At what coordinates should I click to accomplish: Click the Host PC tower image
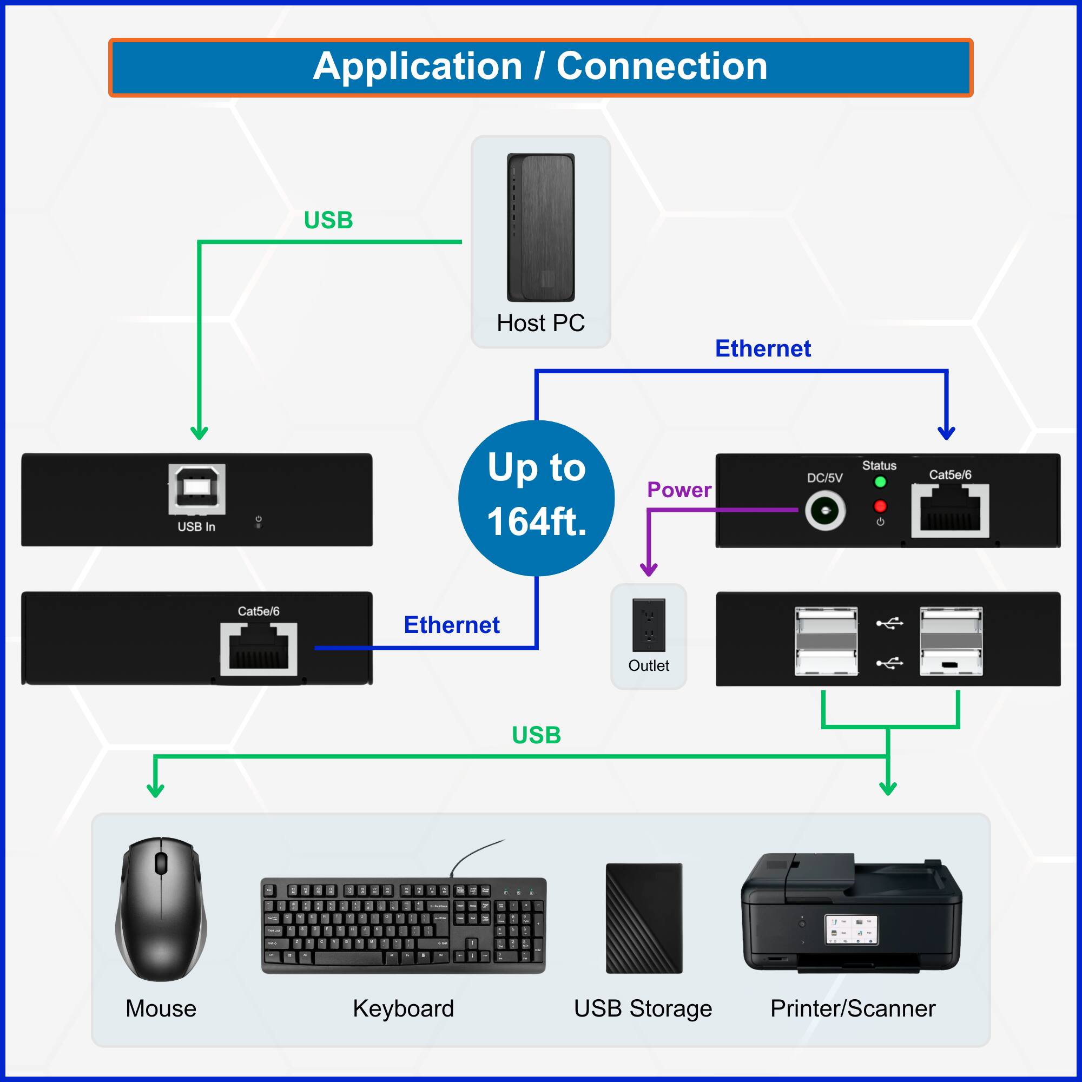coord(540,227)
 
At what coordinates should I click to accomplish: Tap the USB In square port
coord(196,489)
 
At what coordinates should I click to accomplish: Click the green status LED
coord(880,481)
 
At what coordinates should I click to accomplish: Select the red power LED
coord(880,506)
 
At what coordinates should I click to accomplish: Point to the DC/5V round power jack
coord(825,510)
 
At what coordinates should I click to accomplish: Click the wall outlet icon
coord(649,625)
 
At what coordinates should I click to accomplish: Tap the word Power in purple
coord(679,490)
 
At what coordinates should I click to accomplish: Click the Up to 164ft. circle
coord(536,498)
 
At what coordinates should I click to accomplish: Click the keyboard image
coord(403,925)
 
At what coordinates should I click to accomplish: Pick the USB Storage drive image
coord(644,919)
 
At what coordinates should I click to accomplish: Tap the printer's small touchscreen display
coord(851,929)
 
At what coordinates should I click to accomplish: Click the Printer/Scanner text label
coord(853,1008)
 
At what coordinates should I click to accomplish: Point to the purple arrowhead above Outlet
coord(649,570)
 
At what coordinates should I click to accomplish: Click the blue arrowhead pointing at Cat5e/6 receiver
coord(946,433)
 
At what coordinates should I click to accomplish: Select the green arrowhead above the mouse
coord(155,790)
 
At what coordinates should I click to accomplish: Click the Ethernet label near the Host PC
coord(763,348)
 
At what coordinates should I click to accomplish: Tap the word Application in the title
coord(417,67)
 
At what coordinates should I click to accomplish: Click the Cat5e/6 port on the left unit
coord(258,649)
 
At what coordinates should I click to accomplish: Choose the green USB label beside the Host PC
coord(328,220)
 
